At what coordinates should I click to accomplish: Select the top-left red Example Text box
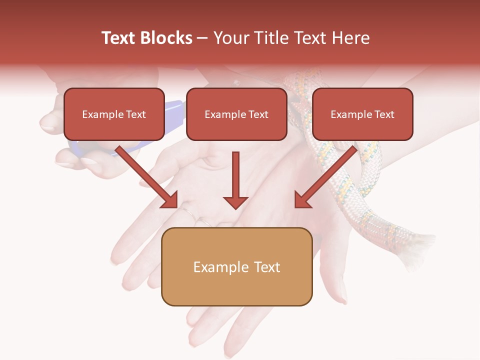tap(114, 114)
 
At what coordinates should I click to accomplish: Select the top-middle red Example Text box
tap(236, 114)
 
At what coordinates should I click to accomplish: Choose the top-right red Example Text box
tap(362, 114)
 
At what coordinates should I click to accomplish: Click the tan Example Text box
tap(236, 266)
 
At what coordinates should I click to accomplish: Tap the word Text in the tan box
tap(266, 267)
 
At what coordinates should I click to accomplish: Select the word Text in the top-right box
tap(384, 114)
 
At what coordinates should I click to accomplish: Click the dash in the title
tap(202, 38)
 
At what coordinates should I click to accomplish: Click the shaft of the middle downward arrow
tap(235, 172)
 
